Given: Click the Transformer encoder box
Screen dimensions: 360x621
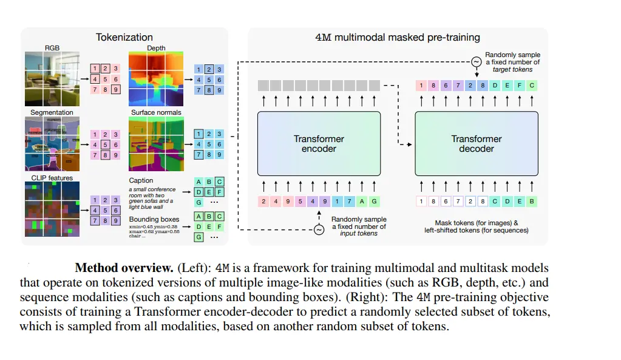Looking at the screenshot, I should [319, 143].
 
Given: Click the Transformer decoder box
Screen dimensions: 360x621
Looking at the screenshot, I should [476, 143].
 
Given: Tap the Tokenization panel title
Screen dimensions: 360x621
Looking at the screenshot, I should [124, 37].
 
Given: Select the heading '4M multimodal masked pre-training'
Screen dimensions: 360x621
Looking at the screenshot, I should [398, 37].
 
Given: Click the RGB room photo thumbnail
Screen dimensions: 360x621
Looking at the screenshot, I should [52, 78].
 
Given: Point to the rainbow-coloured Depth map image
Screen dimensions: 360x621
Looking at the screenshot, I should [155, 78].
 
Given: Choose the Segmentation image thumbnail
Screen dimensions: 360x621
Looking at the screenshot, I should [52, 143].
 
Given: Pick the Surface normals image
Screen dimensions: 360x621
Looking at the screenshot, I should [155, 143].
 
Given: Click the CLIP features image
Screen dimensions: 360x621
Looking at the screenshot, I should [52, 209].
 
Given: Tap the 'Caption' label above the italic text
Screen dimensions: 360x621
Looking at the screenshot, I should [141, 180].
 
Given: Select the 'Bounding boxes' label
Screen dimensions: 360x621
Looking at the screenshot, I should [154, 219].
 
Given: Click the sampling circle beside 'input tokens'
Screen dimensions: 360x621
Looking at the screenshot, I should [319, 229].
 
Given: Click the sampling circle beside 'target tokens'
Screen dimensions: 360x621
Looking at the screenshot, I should [476, 61].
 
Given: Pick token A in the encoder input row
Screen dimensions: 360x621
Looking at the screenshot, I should [362, 201].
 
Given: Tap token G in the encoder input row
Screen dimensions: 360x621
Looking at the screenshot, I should [374, 201].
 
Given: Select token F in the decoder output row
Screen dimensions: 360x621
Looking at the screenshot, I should [520, 86].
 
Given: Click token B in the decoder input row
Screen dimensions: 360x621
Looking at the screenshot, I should [532, 201].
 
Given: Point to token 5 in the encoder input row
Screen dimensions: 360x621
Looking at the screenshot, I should [300, 201].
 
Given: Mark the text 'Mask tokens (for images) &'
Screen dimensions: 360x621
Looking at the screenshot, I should [476, 223].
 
